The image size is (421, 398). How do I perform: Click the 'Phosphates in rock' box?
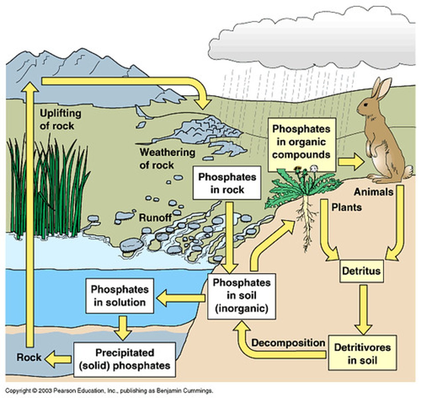click(x=227, y=183)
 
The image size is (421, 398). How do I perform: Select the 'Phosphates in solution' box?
click(x=120, y=296)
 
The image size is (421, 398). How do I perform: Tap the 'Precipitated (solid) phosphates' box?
click(x=125, y=360)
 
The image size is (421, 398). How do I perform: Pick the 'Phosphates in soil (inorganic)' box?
click(x=241, y=296)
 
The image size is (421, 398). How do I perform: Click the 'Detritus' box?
click(x=361, y=271)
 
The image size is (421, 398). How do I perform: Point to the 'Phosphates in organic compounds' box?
click(x=301, y=142)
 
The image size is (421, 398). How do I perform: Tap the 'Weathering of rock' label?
click(x=167, y=159)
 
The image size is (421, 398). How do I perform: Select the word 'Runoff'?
click(x=155, y=218)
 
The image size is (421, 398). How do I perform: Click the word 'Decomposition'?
click(x=288, y=343)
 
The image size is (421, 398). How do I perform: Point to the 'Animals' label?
click(x=373, y=192)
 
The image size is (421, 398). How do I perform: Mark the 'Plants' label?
click(x=346, y=207)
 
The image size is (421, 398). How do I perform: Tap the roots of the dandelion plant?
click(x=307, y=226)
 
